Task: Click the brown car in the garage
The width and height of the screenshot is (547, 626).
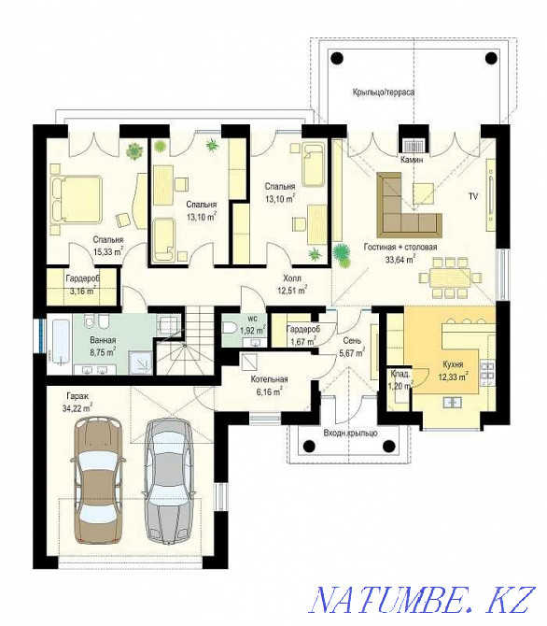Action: pos(97,480)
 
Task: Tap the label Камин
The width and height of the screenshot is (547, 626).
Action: pos(413,160)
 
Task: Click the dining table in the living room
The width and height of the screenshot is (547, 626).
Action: pos(451,277)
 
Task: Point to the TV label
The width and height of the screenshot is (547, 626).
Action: pos(473,196)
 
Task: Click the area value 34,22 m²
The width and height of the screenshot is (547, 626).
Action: pos(77,408)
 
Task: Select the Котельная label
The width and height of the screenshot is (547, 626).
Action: pos(270,379)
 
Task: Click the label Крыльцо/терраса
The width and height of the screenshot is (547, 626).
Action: pos(384,92)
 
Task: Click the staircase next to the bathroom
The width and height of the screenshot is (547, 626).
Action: pos(184,340)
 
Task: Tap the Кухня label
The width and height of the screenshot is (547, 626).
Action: pos(454,364)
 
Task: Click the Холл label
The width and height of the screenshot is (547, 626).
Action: pos(292,278)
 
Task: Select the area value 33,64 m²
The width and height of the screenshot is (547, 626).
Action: pos(400,260)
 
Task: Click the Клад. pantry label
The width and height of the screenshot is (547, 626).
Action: pos(400,374)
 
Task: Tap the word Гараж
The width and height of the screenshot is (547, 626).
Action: pos(77,396)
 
